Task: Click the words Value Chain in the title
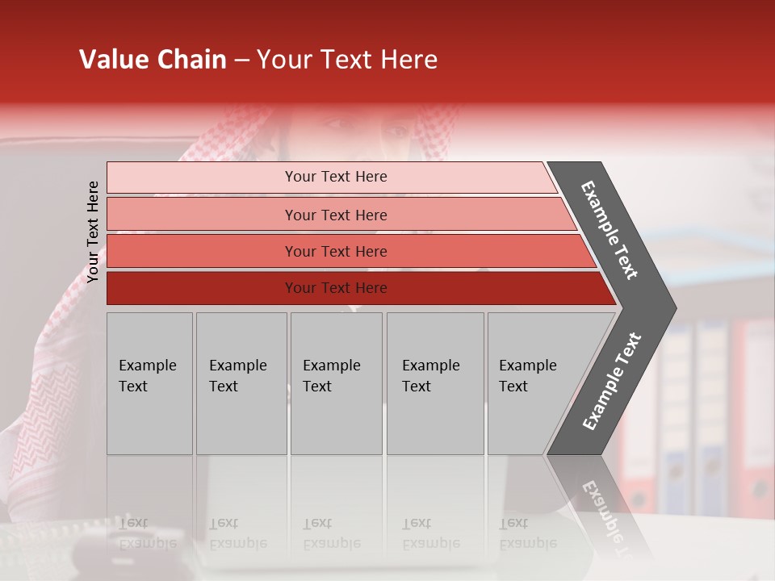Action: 153,60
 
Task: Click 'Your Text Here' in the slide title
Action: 347,60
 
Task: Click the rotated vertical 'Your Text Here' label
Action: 93,232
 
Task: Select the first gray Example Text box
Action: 149,383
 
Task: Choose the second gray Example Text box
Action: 241,383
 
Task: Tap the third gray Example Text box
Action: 336,383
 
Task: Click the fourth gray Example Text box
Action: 434,383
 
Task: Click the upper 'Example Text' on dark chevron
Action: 610,230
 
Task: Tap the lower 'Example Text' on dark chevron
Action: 612,382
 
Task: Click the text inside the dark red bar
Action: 336,288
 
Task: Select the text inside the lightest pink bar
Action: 336,177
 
